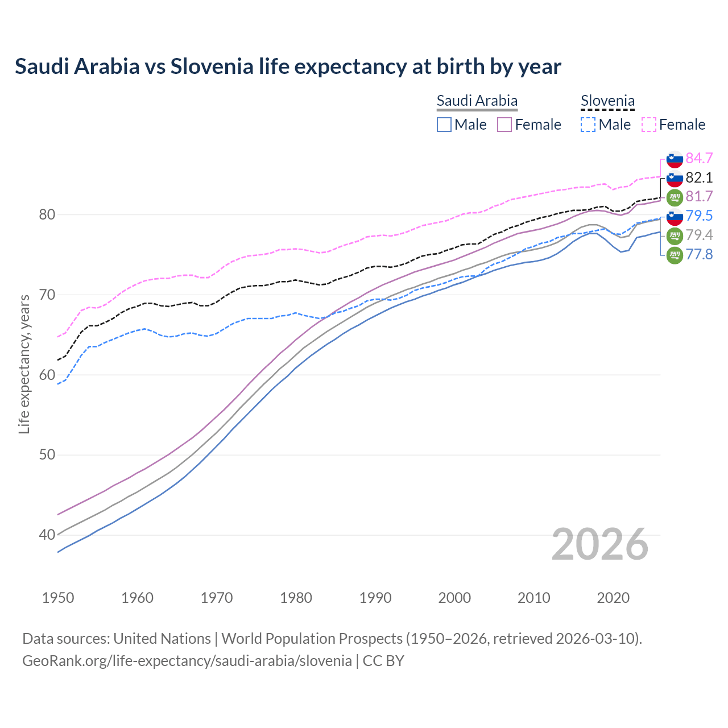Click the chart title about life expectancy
tap(288, 67)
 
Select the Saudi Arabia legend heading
tap(477, 101)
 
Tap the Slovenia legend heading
tap(607, 101)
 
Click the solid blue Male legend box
tap(444, 125)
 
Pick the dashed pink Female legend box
tap(648, 125)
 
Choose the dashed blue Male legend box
tap(588, 125)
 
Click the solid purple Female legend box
tap(504, 125)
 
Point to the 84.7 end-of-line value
tap(699, 158)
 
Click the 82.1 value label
tap(699, 177)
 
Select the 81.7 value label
tap(699, 197)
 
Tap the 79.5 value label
tap(699, 216)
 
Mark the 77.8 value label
tap(699, 254)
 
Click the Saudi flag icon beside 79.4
tap(675, 235)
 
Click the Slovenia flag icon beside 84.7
tap(675, 159)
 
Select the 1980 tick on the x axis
tap(296, 598)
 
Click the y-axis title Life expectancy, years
tap(24, 364)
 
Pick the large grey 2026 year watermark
tap(599, 544)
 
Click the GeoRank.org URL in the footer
tap(187, 661)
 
